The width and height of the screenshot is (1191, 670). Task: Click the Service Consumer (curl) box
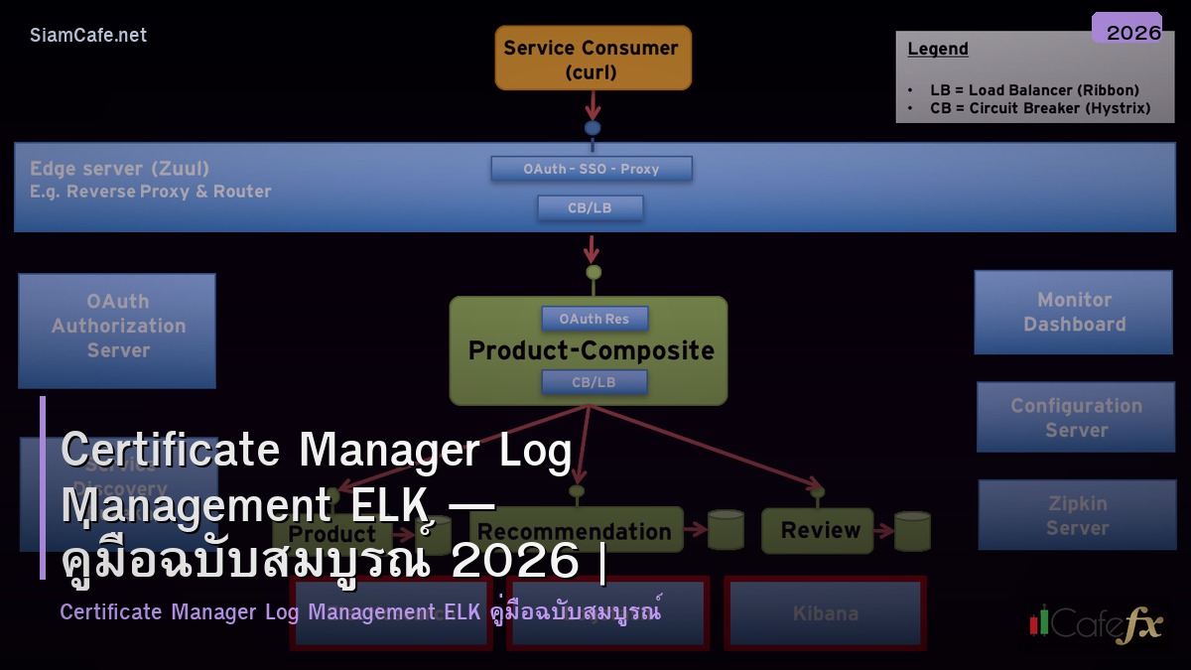(593, 59)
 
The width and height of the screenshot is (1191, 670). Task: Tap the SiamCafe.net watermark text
(88, 36)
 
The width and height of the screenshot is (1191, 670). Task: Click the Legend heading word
(938, 50)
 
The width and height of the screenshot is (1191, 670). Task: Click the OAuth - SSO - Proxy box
(592, 169)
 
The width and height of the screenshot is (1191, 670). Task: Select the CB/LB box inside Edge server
(591, 207)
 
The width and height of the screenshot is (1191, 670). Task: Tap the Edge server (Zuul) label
(120, 169)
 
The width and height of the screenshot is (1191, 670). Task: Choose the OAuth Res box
(595, 319)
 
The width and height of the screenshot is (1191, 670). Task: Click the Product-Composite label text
(591, 350)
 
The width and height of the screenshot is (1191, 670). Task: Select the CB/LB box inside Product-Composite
(594, 382)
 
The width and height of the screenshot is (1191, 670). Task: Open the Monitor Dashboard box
(1073, 312)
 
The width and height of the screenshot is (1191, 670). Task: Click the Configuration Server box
(1075, 418)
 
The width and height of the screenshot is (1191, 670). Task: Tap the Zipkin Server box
(1077, 515)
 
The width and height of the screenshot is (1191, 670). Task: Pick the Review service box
(818, 530)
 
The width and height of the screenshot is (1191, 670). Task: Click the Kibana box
(825, 613)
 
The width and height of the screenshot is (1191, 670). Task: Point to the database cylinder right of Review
(912, 531)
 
